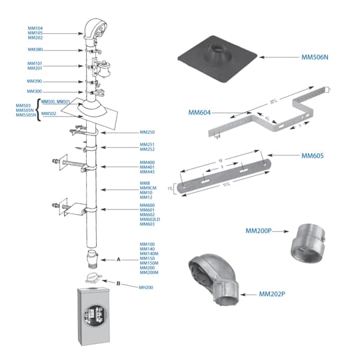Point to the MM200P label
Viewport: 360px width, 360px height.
click(258, 231)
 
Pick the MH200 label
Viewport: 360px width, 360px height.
click(146, 287)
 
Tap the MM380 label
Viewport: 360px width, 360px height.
click(35, 49)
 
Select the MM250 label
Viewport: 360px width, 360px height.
click(147, 133)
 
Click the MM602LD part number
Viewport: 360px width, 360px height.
click(150, 219)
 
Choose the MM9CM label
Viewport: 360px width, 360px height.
click(148, 188)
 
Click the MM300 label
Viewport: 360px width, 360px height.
click(35, 91)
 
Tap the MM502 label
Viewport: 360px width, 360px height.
click(49, 114)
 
